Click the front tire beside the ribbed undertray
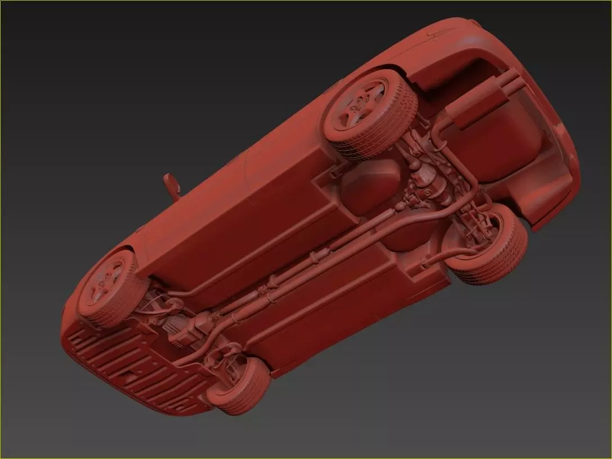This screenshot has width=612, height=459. tap(239, 385)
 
